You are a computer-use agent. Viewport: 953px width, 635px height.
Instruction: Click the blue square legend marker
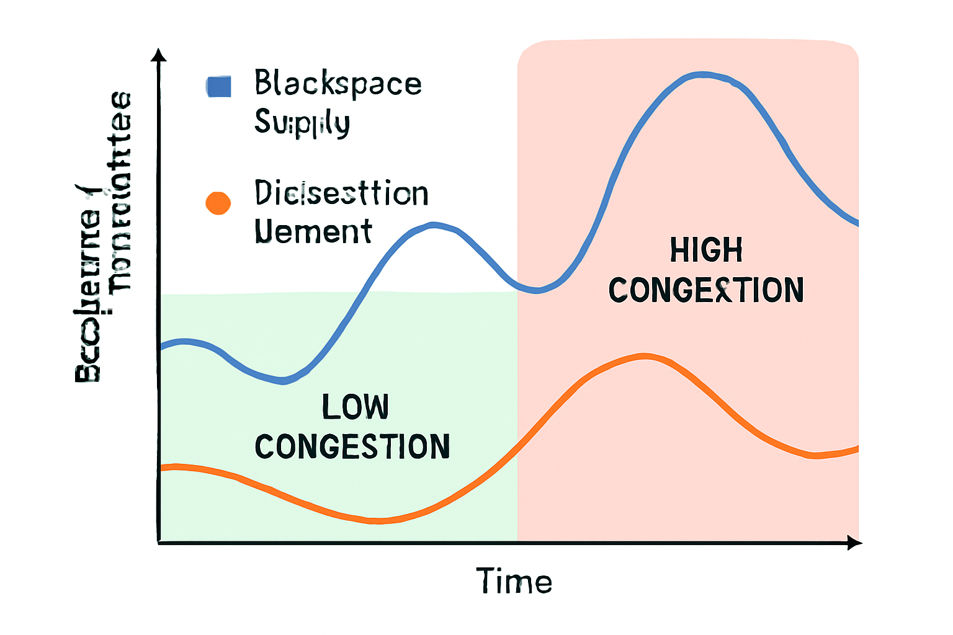pos(218,87)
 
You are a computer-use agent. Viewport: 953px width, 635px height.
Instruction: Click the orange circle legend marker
pos(218,203)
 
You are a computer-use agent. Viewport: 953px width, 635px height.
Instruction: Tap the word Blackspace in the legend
pos(338,84)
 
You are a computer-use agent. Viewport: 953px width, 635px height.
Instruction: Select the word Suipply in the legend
pos(302,122)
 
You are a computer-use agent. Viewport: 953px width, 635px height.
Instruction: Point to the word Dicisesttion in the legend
pos(341,193)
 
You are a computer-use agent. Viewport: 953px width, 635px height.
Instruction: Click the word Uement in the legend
pos(313,231)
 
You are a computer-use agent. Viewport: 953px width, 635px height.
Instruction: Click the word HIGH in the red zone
pos(706,251)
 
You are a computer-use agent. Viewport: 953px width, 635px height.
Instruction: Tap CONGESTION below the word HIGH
pos(706,290)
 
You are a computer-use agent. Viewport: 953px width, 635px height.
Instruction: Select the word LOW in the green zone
pos(355,407)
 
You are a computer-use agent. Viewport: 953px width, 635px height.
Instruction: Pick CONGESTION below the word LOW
pos(352,447)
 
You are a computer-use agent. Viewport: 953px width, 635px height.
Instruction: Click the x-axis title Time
pos(514,582)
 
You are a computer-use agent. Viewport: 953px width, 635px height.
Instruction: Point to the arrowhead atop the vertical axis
pos(159,55)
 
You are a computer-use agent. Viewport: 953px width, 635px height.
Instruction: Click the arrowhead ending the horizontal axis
pos(855,543)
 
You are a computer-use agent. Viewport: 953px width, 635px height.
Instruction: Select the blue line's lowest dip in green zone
pos(283,381)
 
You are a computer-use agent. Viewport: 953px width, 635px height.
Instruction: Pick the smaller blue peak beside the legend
pos(434,224)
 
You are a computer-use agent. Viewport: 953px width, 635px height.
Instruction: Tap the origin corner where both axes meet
pos(159,543)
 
